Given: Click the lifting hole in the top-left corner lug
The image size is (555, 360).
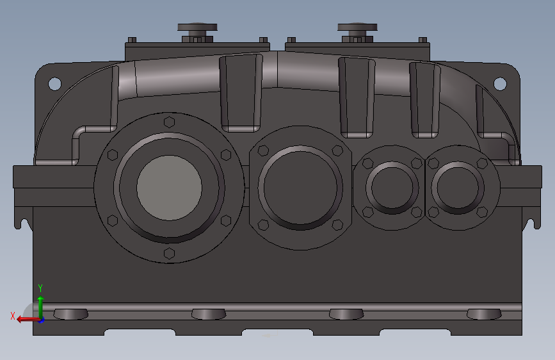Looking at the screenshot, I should pyautogui.click(x=54, y=83).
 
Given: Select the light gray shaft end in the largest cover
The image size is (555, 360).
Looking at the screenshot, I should pyautogui.click(x=169, y=186).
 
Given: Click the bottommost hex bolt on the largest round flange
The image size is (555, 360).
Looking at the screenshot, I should pyautogui.click(x=169, y=253).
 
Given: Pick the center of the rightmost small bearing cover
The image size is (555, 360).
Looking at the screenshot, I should pyautogui.click(x=457, y=187).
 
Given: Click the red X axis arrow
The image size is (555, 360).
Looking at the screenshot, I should pyautogui.click(x=24, y=318).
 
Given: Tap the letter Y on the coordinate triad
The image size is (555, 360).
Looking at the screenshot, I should pyautogui.click(x=40, y=288).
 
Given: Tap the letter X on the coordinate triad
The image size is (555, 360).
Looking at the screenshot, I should pyautogui.click(x=13, y=316).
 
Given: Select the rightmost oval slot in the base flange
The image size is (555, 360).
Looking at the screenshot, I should pyautogui.click(x=483, y=314).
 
